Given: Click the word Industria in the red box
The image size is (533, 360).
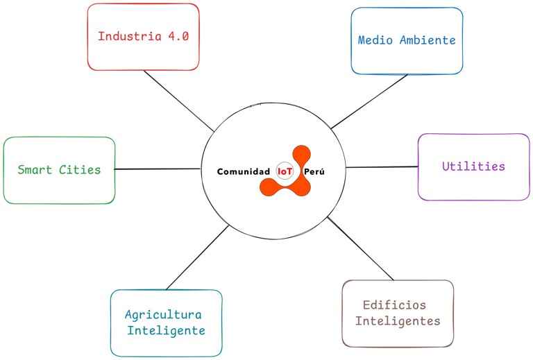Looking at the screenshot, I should [x=130, y=37].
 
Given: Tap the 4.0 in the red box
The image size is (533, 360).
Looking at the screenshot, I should [x=178, y=37].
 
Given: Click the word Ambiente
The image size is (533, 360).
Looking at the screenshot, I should [x=428, y=40].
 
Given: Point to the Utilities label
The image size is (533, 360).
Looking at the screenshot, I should [x=473, y=166].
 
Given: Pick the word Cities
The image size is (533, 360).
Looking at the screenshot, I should [x=80, y=169].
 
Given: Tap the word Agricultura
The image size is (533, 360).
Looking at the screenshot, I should [x=163, y=315].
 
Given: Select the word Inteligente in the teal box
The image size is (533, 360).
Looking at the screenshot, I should [x=166, y=331].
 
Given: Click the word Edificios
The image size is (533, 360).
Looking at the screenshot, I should [x=394, y=305].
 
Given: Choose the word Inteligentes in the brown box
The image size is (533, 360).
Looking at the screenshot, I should [x=398, y=321].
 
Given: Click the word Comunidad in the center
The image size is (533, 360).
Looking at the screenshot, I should [x=244, y=171].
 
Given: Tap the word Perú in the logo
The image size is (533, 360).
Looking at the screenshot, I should [x=314, y=171].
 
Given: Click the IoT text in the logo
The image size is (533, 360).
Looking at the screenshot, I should [x=285, y=171].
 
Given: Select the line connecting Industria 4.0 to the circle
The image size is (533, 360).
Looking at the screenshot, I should [x=178, y=101].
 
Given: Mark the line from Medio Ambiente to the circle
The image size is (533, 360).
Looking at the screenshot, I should [x=369, y=101].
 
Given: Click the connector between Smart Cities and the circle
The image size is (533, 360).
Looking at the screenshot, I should [x=158, y=169].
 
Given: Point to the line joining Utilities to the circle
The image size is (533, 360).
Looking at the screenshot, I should [x=382, y=166].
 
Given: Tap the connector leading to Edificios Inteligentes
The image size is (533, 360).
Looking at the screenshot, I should [x=360, y=249].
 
